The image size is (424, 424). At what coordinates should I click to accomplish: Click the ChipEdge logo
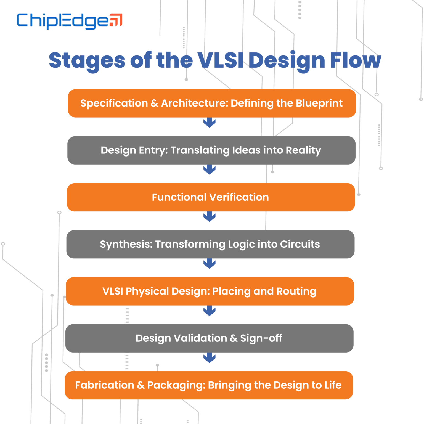(69, 21)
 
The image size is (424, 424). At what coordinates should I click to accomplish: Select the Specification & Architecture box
(212, 103)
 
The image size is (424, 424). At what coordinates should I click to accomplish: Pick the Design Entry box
(211, 150)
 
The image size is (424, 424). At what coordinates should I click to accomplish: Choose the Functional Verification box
(211, 197)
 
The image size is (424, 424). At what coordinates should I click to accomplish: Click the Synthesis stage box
(210, 244)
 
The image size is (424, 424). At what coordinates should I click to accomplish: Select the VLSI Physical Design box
(210, 291)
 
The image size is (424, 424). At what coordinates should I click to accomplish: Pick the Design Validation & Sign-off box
(209, 338)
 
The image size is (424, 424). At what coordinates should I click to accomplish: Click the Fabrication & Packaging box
(209, 385)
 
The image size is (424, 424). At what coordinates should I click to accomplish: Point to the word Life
(333, 385)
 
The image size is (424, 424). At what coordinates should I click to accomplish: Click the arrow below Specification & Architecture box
(210, 123)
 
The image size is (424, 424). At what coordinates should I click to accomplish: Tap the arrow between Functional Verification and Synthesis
(210, 217)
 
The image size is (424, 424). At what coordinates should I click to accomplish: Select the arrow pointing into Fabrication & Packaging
(210, 358)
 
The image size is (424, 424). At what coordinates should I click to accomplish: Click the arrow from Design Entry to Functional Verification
(210, 169)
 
